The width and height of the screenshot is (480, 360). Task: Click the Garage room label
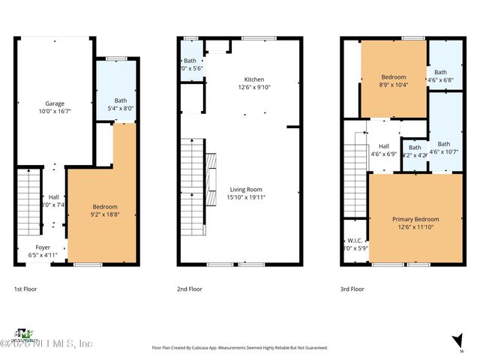point(53,103)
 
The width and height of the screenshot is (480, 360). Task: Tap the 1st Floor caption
point(25,289)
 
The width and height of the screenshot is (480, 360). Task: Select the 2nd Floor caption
point(190,289)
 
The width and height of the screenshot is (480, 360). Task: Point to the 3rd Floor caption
point(352,289)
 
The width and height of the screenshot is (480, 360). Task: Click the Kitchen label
point(254,79)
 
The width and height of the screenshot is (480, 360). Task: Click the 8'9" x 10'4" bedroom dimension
point(394,85)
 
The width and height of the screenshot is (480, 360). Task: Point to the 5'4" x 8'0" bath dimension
point(121,108)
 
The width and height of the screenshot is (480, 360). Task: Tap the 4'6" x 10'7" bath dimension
point(444,151)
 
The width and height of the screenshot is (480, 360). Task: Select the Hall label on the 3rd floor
point(384,146)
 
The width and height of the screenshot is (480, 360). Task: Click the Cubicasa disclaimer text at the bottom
point(240,348)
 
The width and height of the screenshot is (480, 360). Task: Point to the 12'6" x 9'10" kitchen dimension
point(254,88)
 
